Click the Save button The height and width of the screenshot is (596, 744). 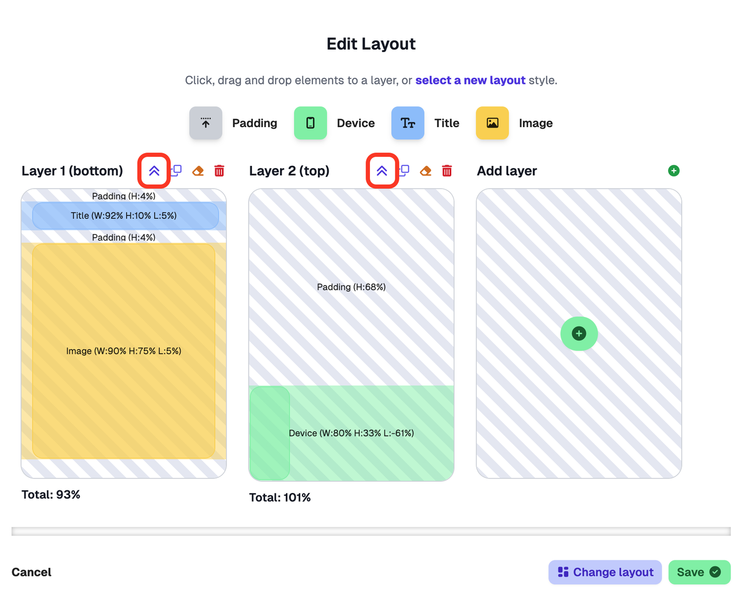(699, 572)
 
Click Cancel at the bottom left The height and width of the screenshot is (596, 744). (31, 572)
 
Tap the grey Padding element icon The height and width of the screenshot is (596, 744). (206, 123)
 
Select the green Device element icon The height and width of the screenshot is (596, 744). (310, 123)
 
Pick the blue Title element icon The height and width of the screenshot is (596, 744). (408, 123)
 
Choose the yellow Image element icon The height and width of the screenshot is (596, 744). (492, 123)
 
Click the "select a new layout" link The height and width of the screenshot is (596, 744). (470, 80)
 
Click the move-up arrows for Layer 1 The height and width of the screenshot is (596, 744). (154, 171)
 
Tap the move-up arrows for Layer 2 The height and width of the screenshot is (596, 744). (382, 171)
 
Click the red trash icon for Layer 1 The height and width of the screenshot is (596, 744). (219, 171)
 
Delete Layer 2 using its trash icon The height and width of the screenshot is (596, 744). (447, 171)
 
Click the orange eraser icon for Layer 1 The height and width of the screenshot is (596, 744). (198, 171)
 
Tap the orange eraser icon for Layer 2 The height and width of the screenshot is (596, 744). (426, 171)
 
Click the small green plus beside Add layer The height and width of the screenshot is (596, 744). (673, 171)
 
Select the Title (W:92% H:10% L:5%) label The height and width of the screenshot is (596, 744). (124, 216)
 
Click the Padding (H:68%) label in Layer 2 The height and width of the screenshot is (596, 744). (351, 287)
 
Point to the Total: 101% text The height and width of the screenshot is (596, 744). (280, 498)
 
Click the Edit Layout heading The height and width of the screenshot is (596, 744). (371, 44)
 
